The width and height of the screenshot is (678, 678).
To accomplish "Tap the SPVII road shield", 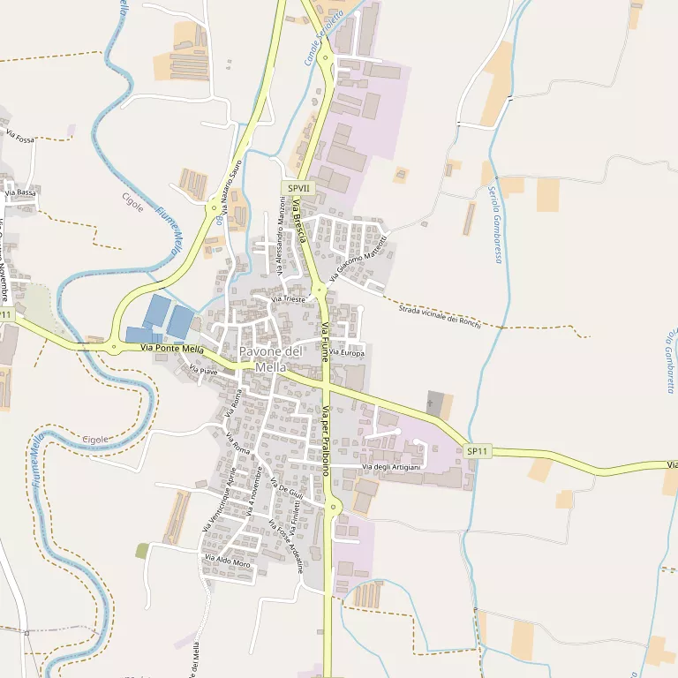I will (298, 188).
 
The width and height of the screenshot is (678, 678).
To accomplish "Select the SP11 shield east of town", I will (478, 451).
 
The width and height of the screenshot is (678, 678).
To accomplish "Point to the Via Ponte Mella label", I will (173, 350).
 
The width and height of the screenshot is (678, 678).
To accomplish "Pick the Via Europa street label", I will (346, 353).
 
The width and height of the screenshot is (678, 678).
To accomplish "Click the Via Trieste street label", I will (289, 300).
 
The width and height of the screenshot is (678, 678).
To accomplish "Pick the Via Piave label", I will (203, 372).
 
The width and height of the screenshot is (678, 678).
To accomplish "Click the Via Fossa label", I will (20, 139).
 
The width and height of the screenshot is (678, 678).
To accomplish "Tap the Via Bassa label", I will (20, 192).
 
